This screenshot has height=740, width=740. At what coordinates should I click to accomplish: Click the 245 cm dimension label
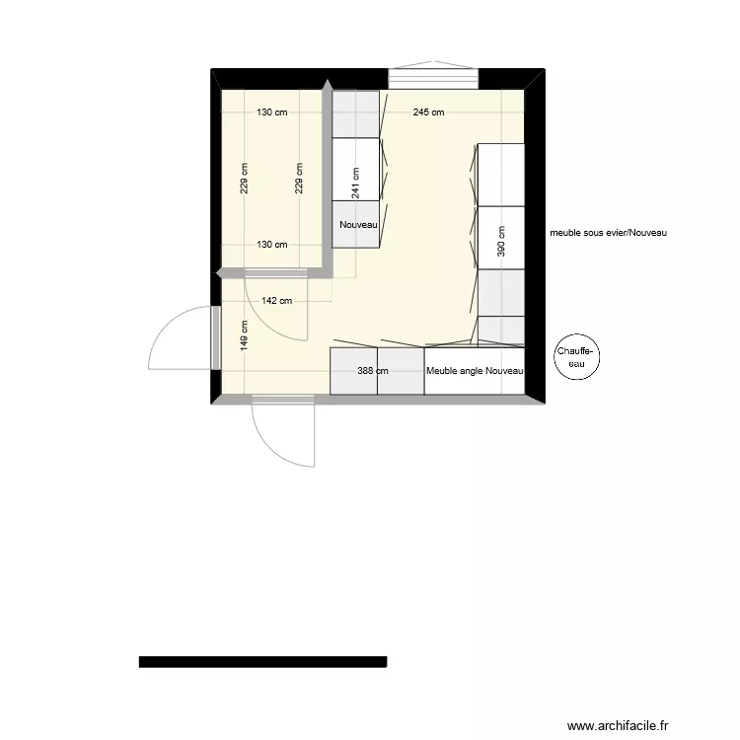click(x=428, y=112)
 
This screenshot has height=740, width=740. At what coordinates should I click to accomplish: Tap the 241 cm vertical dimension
click(x=355, y=182)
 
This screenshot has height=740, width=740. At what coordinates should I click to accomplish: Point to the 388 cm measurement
click(x=373, y=371)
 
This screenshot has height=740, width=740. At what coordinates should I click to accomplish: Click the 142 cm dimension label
click(x=277, y=301)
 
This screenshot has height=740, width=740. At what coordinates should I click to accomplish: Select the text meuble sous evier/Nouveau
click(x=609, y=234)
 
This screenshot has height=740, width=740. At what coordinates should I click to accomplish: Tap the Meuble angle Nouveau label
click(x=475, y=371)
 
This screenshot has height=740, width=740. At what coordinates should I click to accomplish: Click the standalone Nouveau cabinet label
click(x=358, y=225)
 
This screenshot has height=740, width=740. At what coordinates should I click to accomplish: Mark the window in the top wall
click(x=433, y=78)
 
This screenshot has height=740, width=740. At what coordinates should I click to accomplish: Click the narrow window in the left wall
click(x=213, y=337)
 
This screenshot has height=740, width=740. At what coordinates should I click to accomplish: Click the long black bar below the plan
click(x=262, y=662)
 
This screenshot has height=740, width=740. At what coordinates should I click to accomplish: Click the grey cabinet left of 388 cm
click(x=353, y=371)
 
